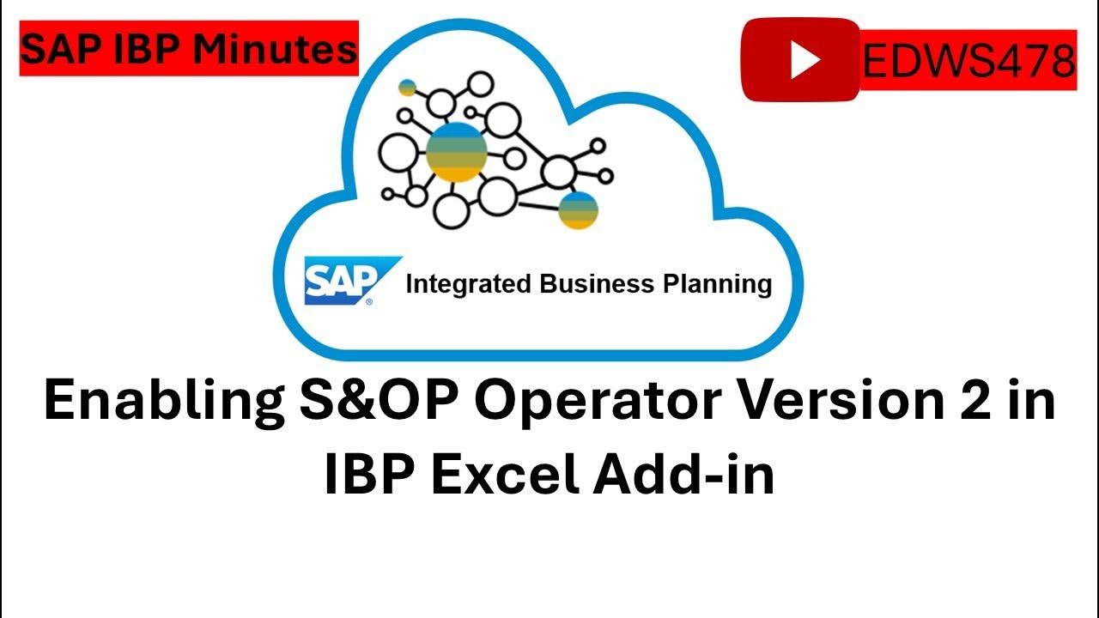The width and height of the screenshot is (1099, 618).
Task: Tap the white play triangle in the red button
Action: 805,59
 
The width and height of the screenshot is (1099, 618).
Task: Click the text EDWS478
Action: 968,60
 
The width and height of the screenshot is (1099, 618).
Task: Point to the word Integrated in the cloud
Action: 468,284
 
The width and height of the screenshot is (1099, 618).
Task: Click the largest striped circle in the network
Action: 457,152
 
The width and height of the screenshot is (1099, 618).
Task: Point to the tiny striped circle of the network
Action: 408,88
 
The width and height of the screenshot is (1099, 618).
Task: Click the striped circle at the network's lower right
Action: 578,210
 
